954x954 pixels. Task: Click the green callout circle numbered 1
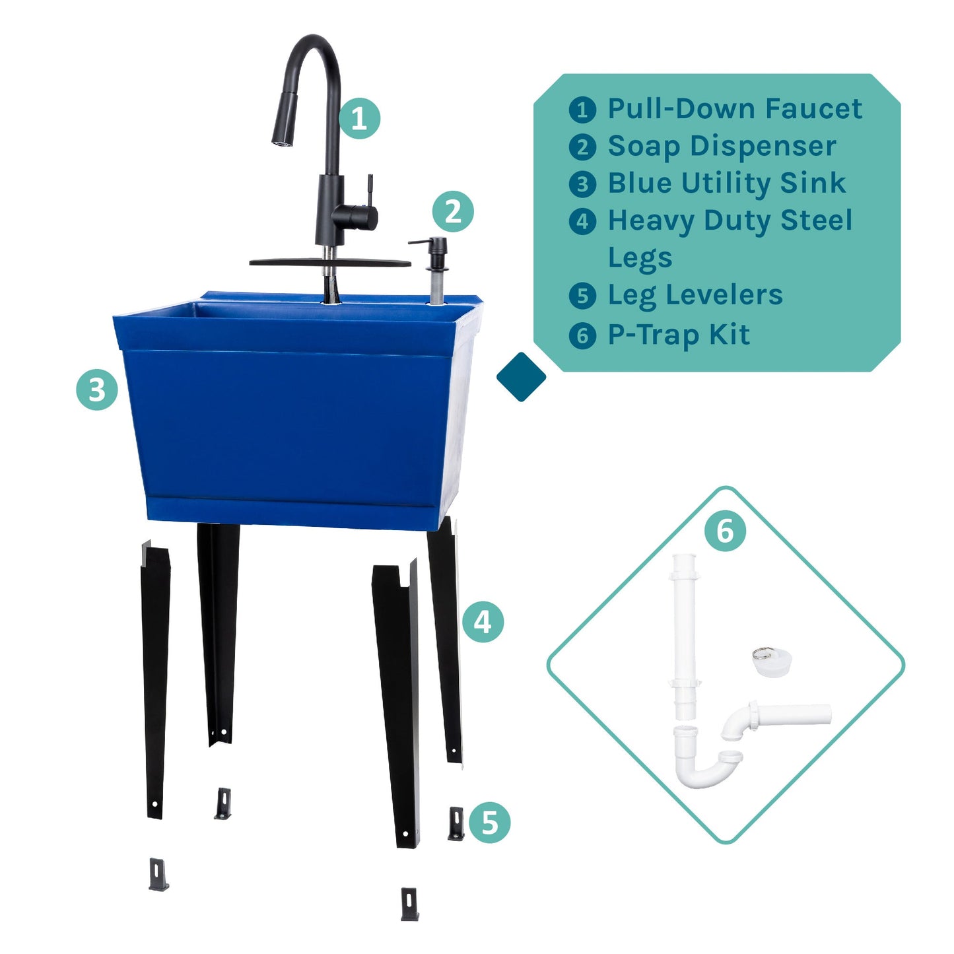359,119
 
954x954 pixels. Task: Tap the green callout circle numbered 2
452,212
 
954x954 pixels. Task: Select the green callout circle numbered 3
97,390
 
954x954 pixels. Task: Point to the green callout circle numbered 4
483,622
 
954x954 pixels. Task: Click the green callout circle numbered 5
489,823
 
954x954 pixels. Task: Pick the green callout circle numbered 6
725,531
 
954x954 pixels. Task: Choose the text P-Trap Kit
678,335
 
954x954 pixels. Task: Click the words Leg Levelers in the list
695,295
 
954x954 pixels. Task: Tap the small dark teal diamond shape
521,377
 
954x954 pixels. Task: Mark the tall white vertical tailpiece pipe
685,634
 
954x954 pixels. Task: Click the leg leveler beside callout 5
456,823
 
